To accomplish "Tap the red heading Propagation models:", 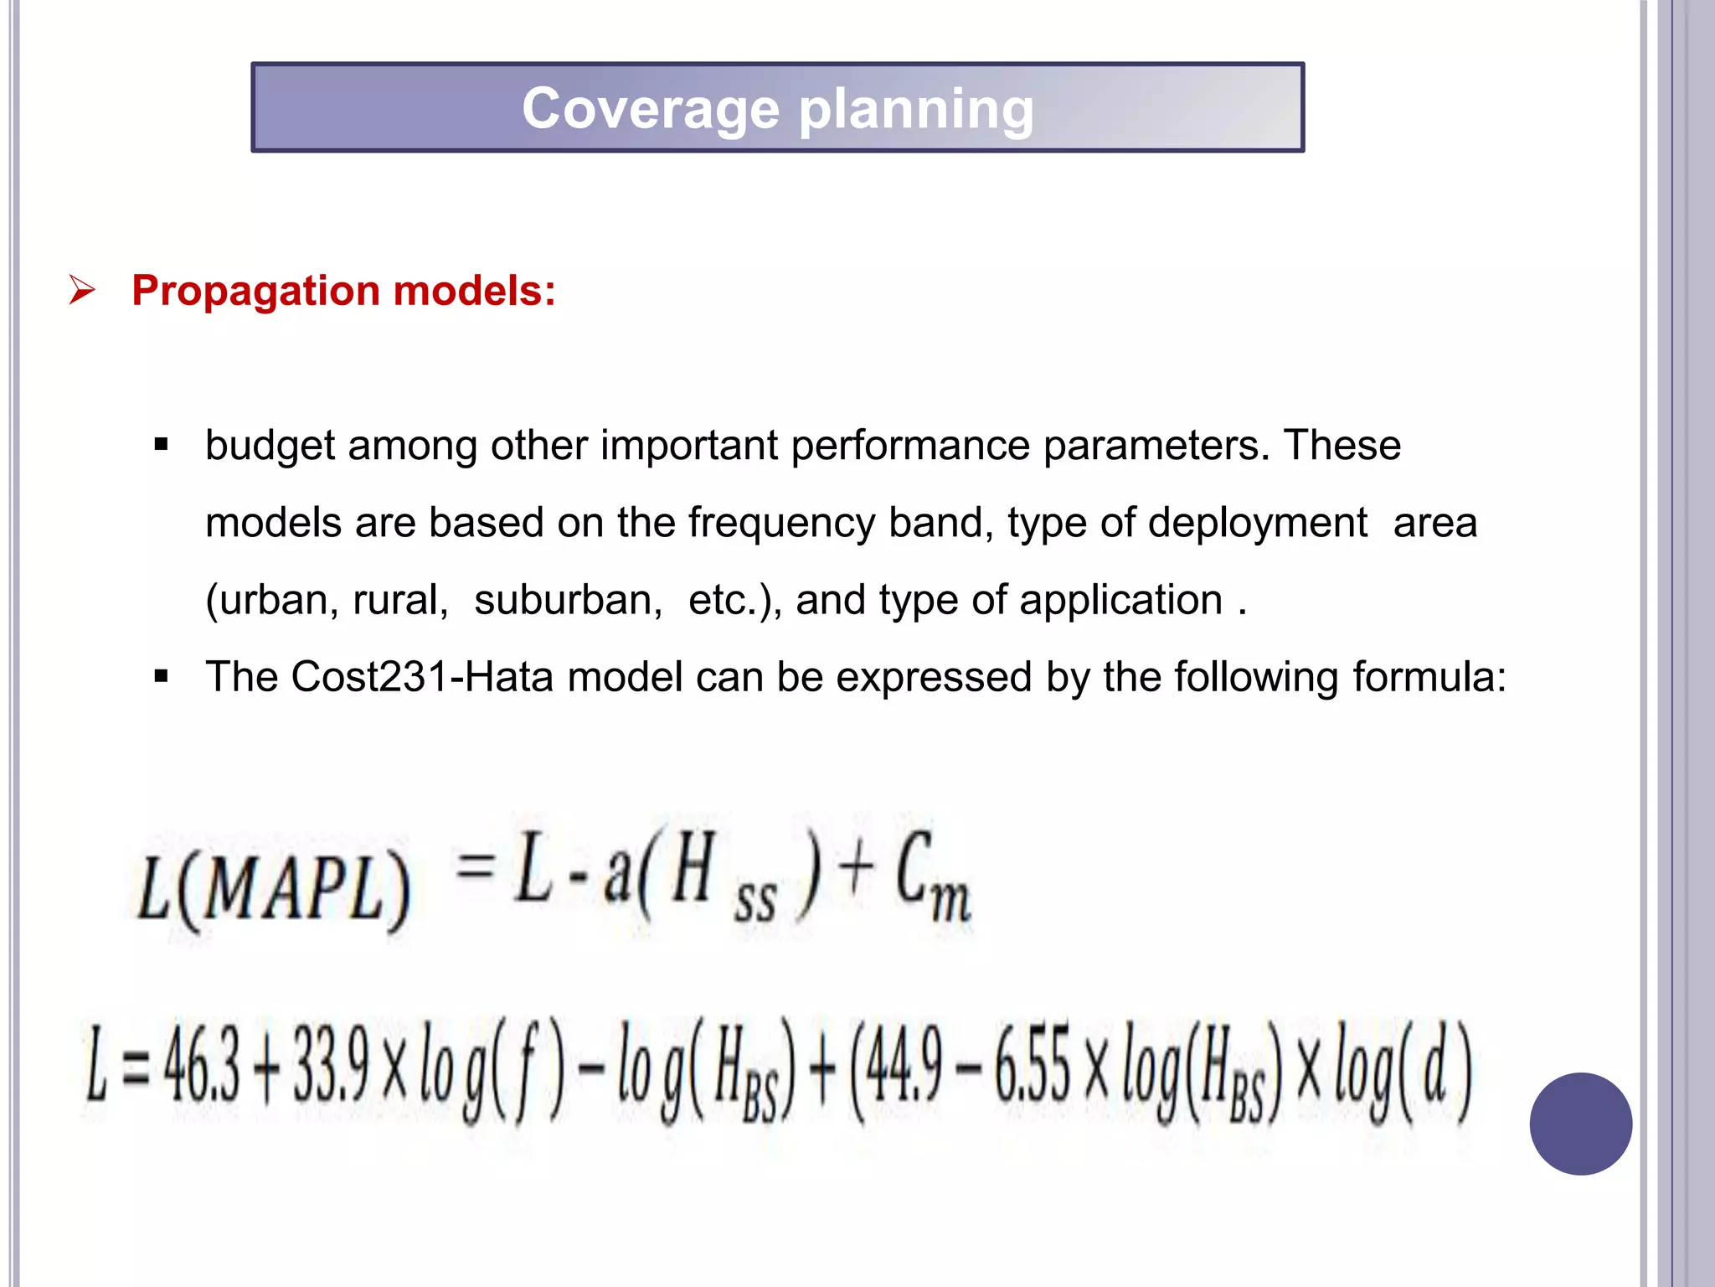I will tap(343, 291).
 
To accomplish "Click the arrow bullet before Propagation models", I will tap(82, 290).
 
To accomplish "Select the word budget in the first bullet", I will tap(270, 446).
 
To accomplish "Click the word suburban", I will tap(568, 600).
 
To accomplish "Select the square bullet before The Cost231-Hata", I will tap(162, 676).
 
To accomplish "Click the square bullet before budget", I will tap(162, 445).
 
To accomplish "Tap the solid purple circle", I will tap(1580, 1124).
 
